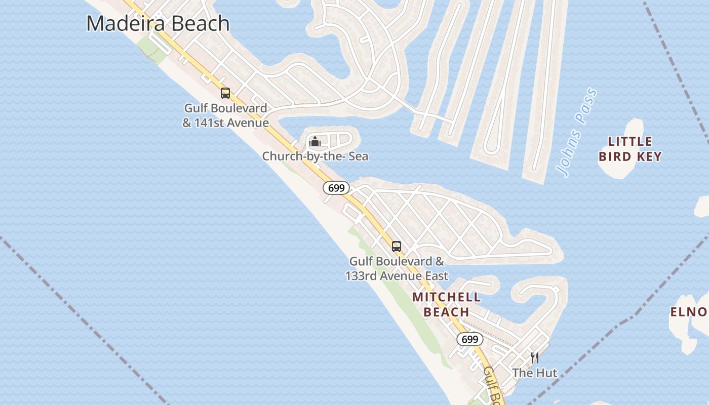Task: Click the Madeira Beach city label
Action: (158, 24)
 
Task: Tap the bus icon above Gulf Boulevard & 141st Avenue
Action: (225, 93)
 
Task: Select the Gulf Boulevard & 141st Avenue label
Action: (225, 115)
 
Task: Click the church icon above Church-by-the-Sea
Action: (315, 141)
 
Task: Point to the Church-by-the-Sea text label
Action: (315, 156)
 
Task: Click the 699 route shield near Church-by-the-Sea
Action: (336, 188)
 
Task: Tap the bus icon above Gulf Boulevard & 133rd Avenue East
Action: (397, 247)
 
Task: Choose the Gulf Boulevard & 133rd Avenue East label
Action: (397, 269)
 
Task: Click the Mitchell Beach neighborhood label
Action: (446, 304)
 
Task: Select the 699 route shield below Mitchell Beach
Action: (470, 339)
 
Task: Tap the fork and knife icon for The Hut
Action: (535, 358)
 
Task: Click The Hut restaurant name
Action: (534, 373)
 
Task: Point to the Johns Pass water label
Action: (577, 133)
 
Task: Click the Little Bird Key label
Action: (630, 149)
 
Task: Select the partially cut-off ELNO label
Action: (689, 312)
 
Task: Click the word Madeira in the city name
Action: (123, 24)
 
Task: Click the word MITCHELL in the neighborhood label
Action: (446, 297)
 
